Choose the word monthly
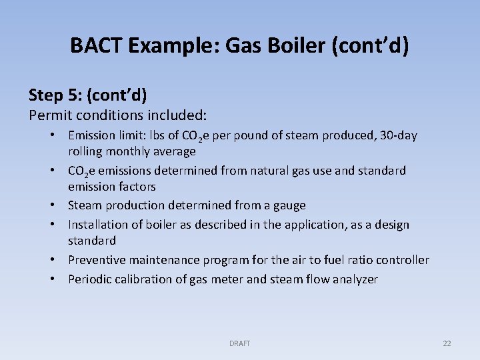tap(131, 151)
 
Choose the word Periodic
tap(91, 279)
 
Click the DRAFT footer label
tap(240, 343)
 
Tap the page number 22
tap(447, 343)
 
